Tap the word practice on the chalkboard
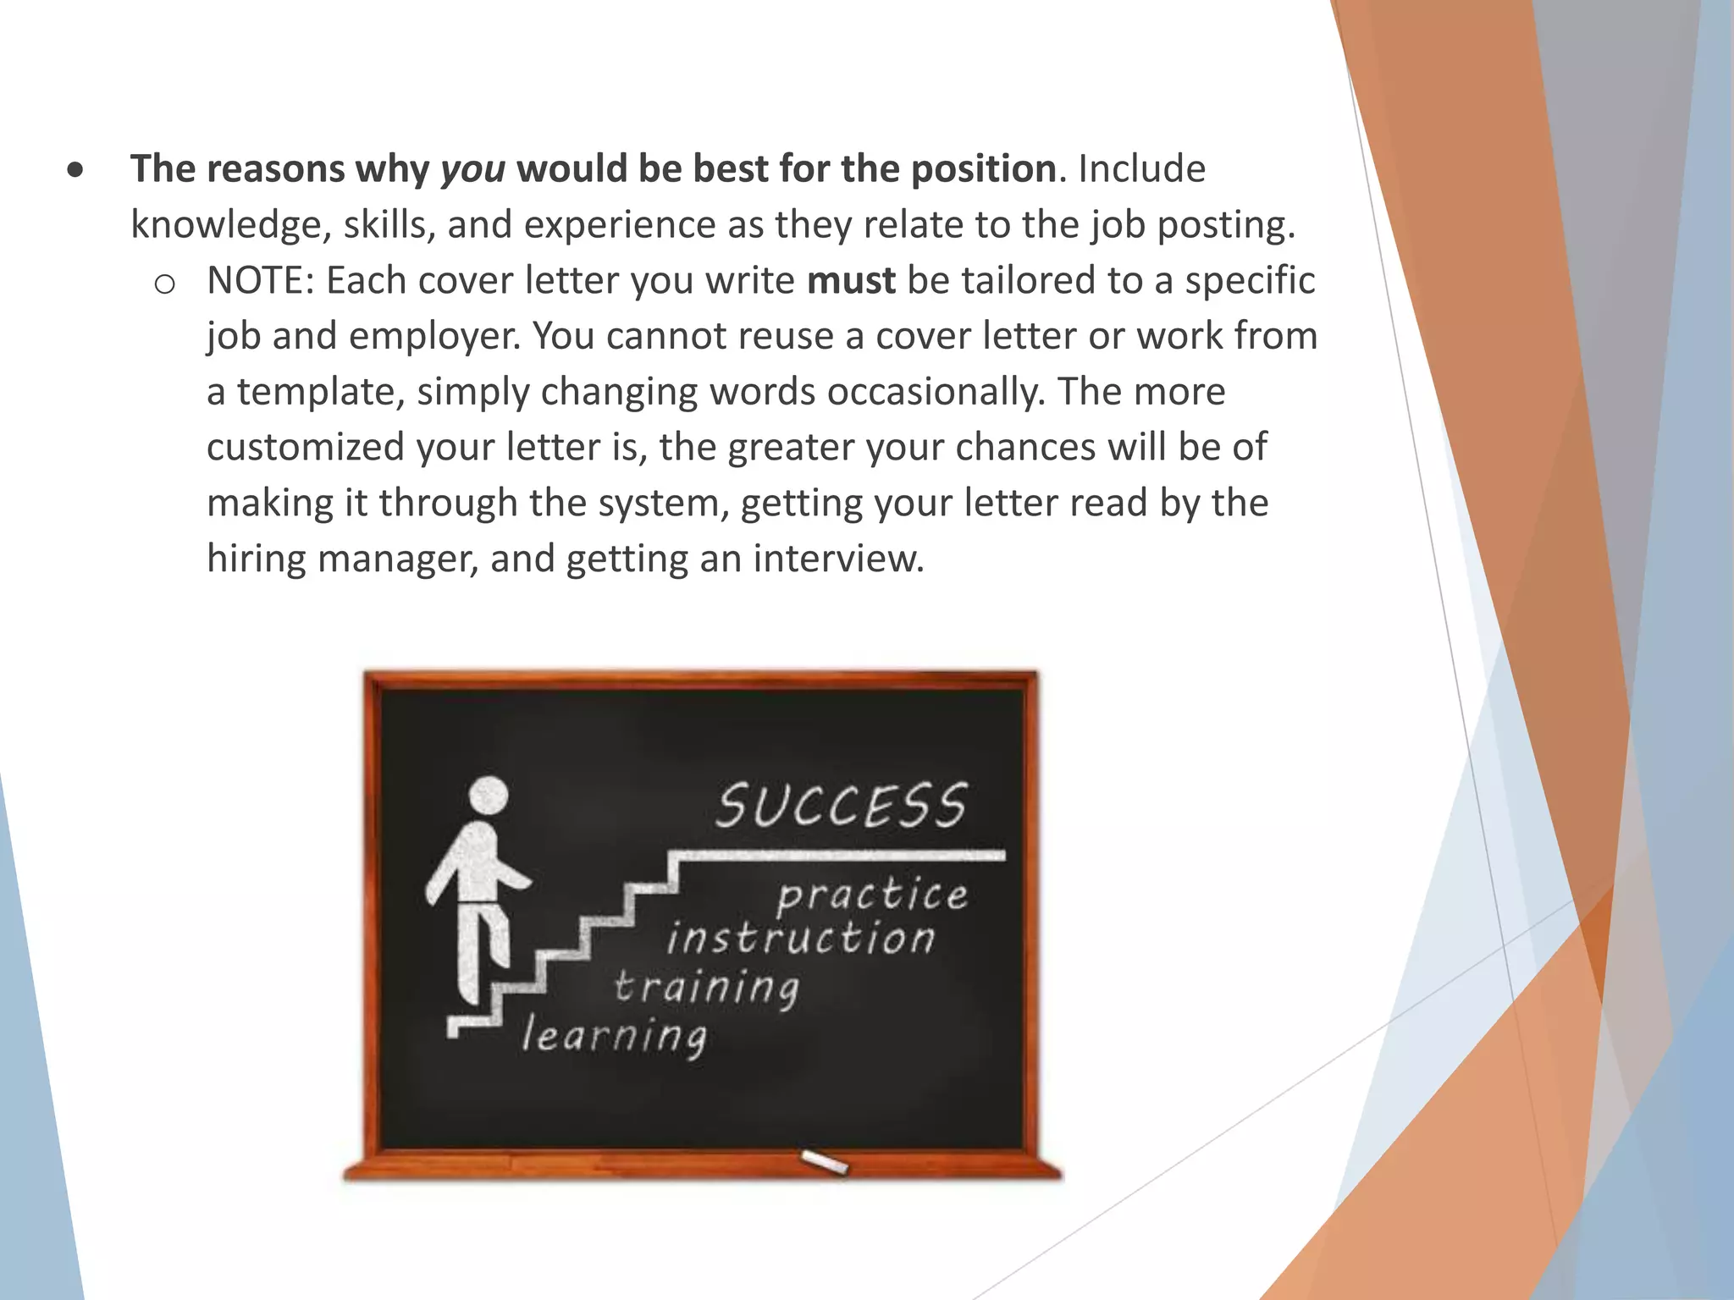(872, 895)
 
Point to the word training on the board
(706, 988)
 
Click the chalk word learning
(614, 1036)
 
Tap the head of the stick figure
(489, 796)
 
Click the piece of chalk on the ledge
(823, 1161)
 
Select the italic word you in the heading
(473, 168)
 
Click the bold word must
(851, 280)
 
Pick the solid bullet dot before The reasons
(76, 170)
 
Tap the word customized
(306, 447)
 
